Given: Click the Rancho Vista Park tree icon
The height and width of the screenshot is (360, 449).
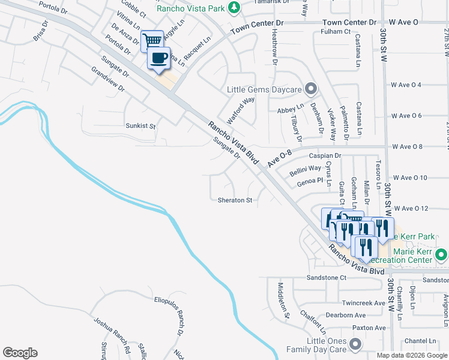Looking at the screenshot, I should pyautogui.click(x=236, y=8).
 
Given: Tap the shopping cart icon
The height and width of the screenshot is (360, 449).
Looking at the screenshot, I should pyautogui.click(x=153, y=40).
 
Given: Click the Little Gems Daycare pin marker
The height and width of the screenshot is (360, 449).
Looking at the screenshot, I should pyautogui.click(x=310, y=89).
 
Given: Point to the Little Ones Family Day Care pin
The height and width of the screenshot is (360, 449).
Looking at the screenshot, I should pyautogui.click(x=355, y=344).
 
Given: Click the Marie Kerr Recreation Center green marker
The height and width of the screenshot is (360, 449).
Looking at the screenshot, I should pyautogui.click(x=441, y=255).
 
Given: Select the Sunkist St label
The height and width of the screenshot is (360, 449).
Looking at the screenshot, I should pyautogui.click(x=140, y=127).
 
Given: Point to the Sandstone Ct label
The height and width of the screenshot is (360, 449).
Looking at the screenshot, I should pyautogui.click(x=327, y=278).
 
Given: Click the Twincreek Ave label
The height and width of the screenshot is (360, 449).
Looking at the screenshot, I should pyautogui.click(x=363, y=304).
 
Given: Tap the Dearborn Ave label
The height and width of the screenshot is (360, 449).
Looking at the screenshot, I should pyautogui.click(x=346, y=315).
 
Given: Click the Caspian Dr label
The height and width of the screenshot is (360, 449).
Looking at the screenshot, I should pyautogui.click(x=325, y=155).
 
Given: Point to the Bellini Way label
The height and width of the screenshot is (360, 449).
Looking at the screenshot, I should pyautogui.click(x=306, y=169).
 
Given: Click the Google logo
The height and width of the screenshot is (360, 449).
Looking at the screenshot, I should pyautogui.click(x=20, y=353).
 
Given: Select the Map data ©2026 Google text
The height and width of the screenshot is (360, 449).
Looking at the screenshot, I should pyautogui.click(x=412, y=355).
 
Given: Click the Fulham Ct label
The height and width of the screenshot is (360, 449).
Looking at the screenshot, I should pyautogui.click(x=336, y=31).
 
